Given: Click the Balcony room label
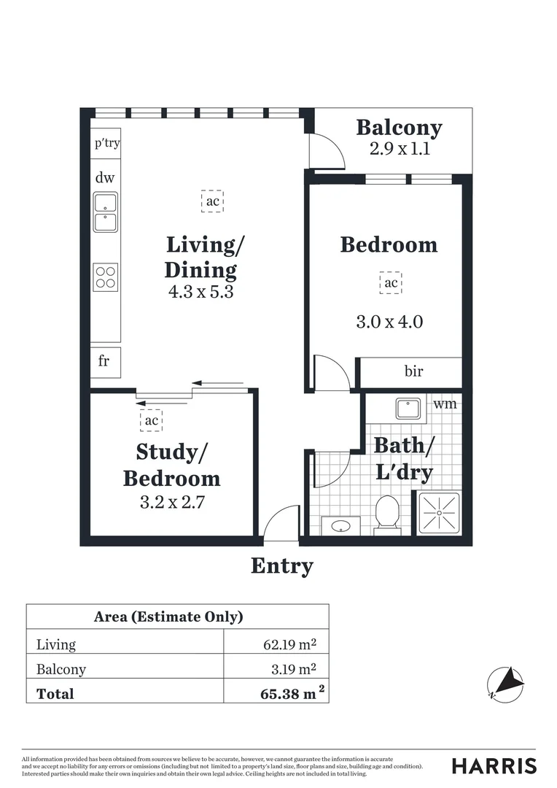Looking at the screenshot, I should click(x=399, y=128).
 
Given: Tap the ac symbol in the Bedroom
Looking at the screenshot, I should click(x=391, y=282).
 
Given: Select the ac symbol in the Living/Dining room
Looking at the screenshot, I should click(x=212, y=201).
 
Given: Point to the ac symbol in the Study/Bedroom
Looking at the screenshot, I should click(x=151, y=420).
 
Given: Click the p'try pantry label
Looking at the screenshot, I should click(x=106, y=143).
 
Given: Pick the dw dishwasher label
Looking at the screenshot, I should click(x=105, y=177).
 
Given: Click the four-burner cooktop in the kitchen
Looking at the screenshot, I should click(x=106, y=277).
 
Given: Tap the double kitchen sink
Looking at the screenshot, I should click(x=106, y=212).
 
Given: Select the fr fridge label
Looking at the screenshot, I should click(x=104, y=361).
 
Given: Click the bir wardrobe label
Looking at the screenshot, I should click(x=413, y=371).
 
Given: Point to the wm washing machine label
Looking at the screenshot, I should click(x=445, y=403).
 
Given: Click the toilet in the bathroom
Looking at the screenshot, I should click(x=386, y=514).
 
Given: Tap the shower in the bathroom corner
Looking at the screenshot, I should click(x=439, y=513).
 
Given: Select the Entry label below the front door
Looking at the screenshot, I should click(x=282, y=565).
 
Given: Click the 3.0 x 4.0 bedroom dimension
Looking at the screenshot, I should click(x=389, y=321).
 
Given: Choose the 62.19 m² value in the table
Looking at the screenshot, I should click(x=289, y=644).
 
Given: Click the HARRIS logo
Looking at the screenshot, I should click(x=494, y=766).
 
